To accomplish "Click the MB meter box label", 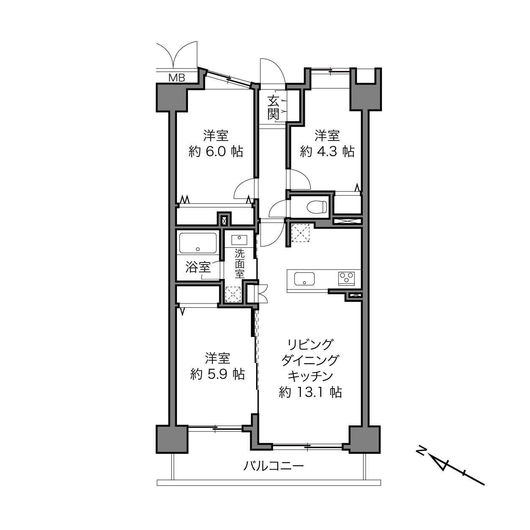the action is (x=177, y=78).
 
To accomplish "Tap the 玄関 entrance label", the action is (x=273, y=108).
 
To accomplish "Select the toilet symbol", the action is (x=317, y=207).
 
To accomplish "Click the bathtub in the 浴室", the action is (x=198, y=243).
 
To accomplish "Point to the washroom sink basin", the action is (x=239, y=240).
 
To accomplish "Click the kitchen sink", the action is (x=304, y=279).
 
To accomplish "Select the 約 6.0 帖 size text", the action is (x=216, y=152).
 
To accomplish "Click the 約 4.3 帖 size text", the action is (x=327, y=152).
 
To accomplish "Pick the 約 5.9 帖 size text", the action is (x=218, y=374).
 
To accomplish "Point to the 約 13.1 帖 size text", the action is (x=311, y=392).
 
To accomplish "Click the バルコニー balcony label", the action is (x=273, y=466).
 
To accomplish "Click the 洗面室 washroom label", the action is (x=240, y=263).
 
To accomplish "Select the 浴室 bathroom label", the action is (x=198, y=267).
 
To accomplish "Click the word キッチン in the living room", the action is (x=310, y=376).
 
